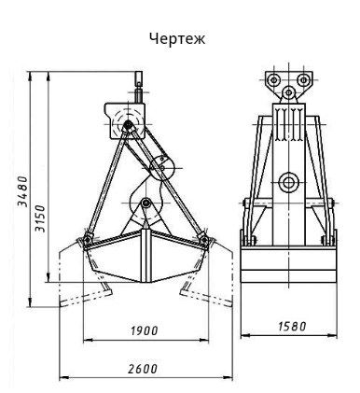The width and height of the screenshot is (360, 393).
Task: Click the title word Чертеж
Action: pos(177,39)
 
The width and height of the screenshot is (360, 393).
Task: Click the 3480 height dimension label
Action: pos(22,191)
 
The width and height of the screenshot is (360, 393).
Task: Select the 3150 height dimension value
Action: pos(40,218)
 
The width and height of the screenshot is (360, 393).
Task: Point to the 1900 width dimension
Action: pos(145,330)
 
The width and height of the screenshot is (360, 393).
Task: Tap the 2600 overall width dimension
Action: pos(143,369)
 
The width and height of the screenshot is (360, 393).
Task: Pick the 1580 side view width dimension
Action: pos(292,326)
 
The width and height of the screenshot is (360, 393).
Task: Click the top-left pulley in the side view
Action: pos(274,80)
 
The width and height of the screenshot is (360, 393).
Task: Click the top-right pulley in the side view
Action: pos(303,80)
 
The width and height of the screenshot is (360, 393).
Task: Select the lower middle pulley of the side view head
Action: pos(289,92)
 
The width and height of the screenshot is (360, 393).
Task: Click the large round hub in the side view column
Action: pos(289,183)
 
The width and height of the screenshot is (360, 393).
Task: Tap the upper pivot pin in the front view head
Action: pos(127,124)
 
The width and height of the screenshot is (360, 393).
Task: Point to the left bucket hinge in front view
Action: pos(87,239)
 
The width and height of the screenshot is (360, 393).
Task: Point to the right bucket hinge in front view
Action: pos(204,239)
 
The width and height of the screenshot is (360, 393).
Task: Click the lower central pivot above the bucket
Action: pos(145,204)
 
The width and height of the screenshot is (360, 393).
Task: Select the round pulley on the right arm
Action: pos(162,167)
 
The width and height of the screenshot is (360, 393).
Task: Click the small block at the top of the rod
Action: pos(139,77)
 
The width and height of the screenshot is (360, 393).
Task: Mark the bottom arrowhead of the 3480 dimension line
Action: pos(30,302)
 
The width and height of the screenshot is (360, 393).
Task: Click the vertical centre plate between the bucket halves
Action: pos(145,256)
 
